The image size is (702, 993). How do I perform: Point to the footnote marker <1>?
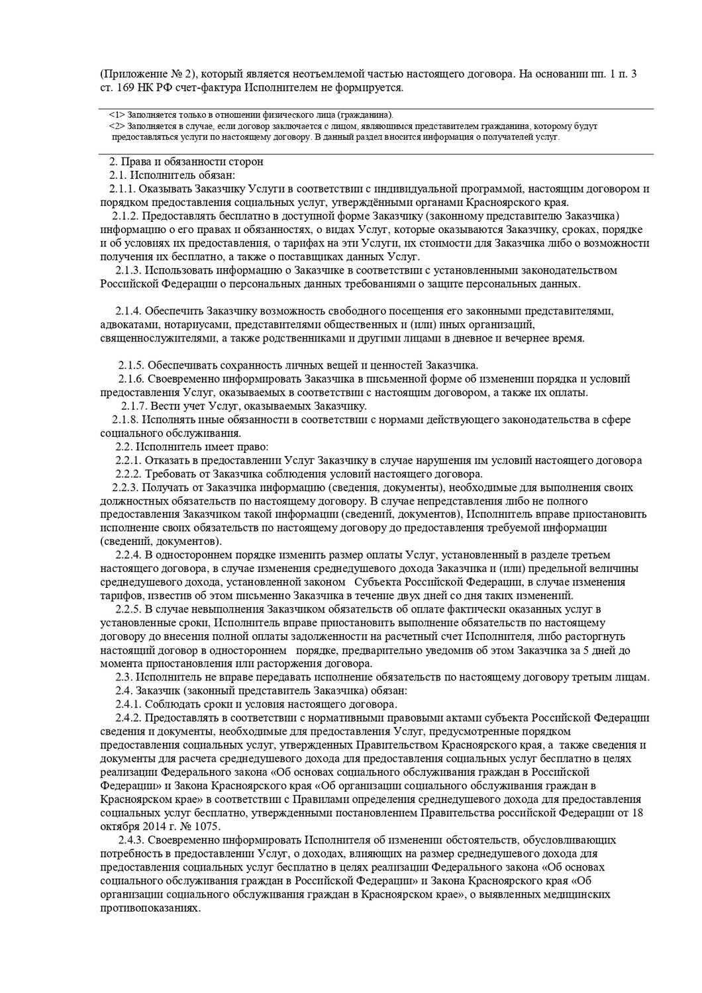(x=117, y=115)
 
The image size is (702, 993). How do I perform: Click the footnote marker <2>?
(x=117, y=126)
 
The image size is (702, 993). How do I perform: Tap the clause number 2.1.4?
(x=128, y=310)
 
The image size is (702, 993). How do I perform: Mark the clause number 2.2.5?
(x=128, y=609)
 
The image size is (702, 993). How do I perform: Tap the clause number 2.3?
(x=124, y=677)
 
